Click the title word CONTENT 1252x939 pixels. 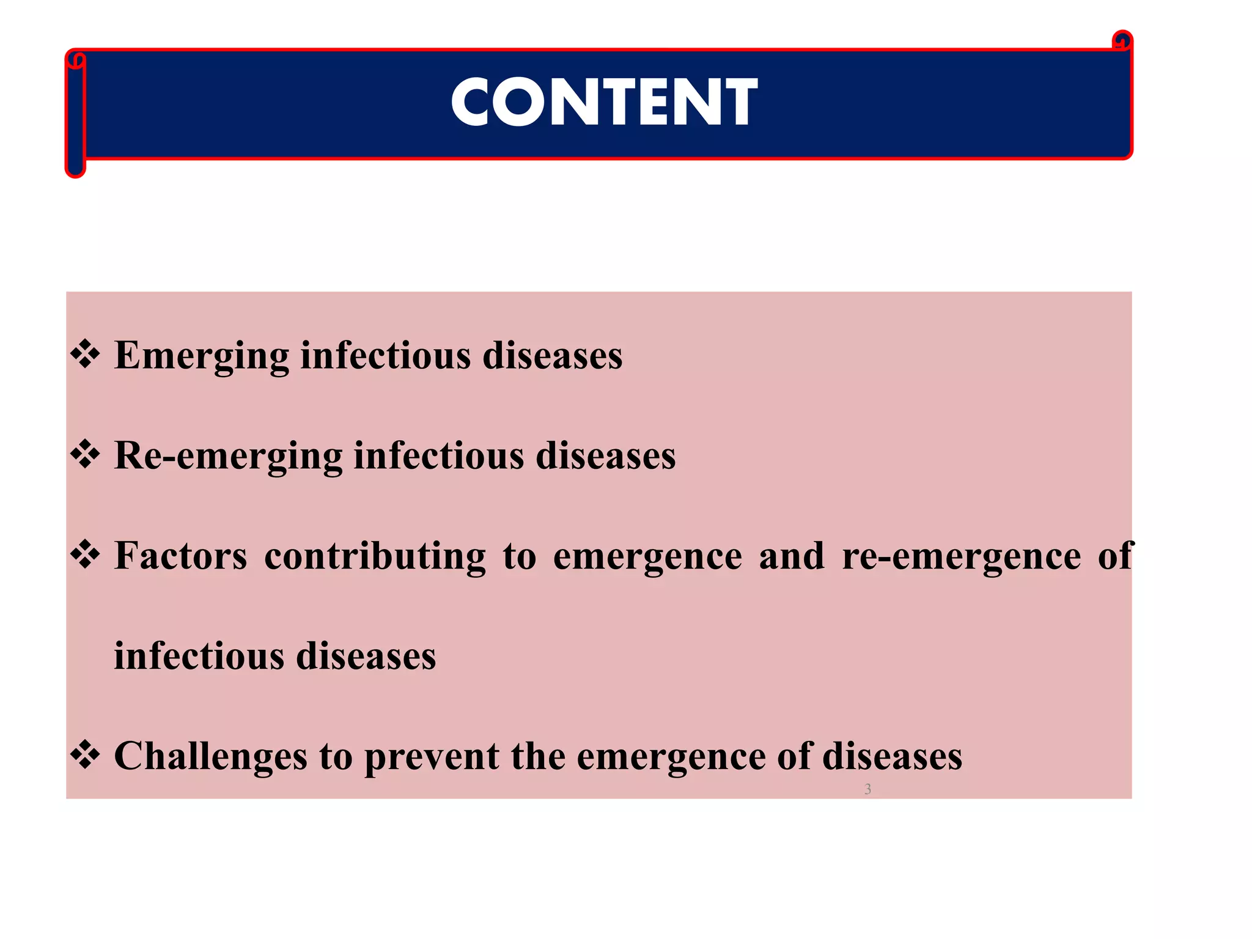click(604, 102)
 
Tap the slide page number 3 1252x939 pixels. click(867, 789)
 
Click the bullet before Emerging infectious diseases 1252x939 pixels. click(86, 355)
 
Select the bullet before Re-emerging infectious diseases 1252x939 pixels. click(86, 455)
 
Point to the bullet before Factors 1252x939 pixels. click(86, 555)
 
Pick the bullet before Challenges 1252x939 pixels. click(86, 756)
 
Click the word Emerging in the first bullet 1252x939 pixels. click(202, 356)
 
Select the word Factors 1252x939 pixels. click(181, 556)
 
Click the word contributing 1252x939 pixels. click(375, 556)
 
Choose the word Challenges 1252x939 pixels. click(210, 757)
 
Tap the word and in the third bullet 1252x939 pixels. click(792, 556)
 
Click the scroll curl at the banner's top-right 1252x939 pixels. click(1122, 42)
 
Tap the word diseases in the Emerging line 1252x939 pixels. click(553, 356)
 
